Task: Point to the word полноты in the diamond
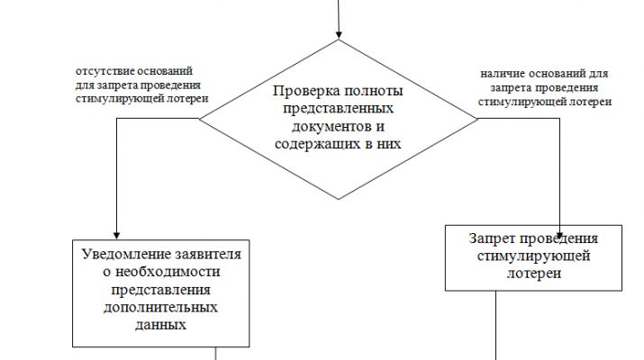[370, 92]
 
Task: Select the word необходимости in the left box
[162, 272]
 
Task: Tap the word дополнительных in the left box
[162, 308]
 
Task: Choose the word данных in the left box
[162, 325]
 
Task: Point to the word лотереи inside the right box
[534, 274]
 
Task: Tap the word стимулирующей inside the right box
[534, 257]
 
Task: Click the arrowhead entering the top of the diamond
[339, 34]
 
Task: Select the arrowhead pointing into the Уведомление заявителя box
[118, 231]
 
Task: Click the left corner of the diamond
[201, 118]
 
